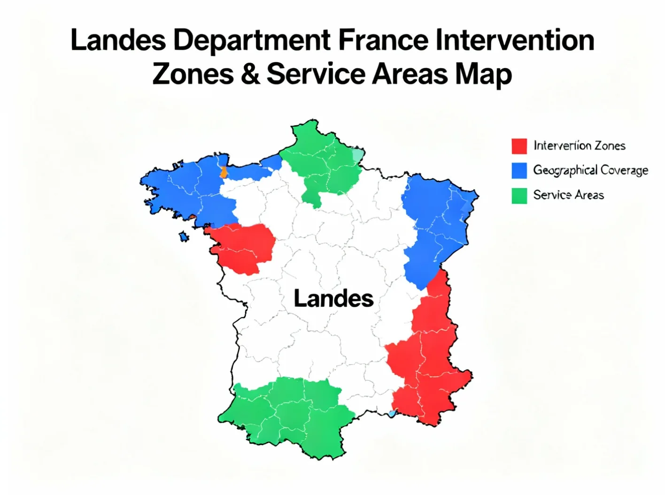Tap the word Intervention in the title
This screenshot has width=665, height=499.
tap(515, 40)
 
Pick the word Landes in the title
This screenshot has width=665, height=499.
tap(118, 40)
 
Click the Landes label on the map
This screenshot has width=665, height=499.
tap(333, 299)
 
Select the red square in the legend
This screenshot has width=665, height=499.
tap(519, 146)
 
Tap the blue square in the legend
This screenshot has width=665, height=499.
tap(519, 170)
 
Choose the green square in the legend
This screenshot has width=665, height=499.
tap(519, 195)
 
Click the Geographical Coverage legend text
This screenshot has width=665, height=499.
tap(590, 170)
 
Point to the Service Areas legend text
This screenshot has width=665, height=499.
tap(568, 195)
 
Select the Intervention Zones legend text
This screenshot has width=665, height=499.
tap(579, 146)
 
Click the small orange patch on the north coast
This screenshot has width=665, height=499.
tap(224, 172)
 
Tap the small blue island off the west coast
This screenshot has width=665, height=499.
tap(184, 237)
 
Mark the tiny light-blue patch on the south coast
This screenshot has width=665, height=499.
tap(392, 414)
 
